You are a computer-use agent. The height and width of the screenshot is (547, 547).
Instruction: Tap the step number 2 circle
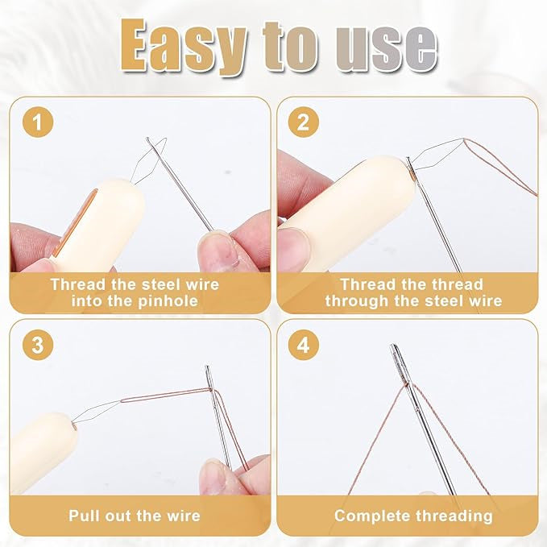click(x=302, y=122)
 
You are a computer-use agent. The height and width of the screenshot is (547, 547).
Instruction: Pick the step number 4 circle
click(x=302, y=346)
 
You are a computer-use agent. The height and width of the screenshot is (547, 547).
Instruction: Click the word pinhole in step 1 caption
click(x=166, y=300)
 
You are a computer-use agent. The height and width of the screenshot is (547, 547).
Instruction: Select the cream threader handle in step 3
click(x=40, y=447)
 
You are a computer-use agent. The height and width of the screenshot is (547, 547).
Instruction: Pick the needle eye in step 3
click(x=209, y=375)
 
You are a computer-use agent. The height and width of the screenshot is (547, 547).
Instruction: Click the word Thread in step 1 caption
click(x=77, y=284)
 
